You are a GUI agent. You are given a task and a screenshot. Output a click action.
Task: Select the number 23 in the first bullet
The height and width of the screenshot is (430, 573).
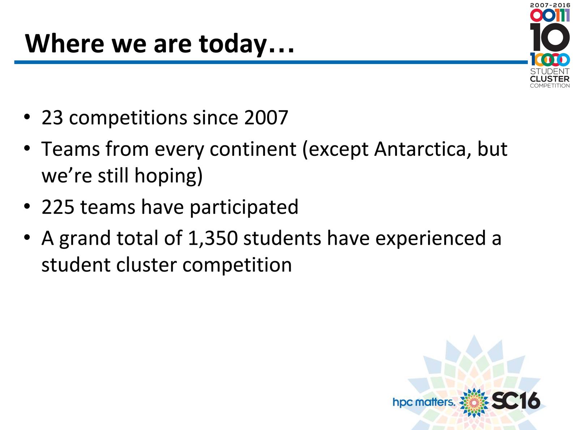[x=52, y=118]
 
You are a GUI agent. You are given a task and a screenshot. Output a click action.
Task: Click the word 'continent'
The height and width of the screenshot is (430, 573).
[x=253, y=150]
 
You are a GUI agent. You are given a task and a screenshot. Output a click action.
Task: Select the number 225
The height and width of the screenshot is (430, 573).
[x=58, y=207]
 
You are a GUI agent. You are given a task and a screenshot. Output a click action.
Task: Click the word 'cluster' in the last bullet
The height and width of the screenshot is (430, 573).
[x=146, y=265]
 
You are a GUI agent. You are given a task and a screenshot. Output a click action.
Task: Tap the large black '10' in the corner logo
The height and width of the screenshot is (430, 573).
[x=550, y=37]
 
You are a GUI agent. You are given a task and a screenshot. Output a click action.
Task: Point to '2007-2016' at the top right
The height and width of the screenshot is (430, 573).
[x=550, y=5]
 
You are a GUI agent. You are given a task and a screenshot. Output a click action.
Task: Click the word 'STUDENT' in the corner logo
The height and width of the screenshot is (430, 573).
[x=550, y=71]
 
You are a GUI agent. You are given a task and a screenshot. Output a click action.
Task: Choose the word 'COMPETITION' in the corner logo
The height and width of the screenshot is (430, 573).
[x=550, y=86]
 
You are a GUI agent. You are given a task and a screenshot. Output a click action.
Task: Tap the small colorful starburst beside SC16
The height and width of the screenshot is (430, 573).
[x=474, y=402]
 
